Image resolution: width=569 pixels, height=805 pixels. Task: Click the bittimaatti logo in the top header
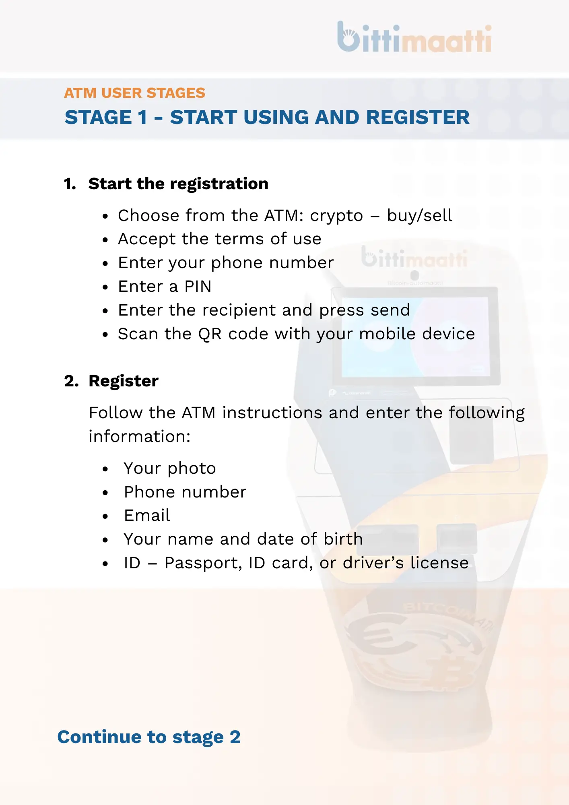tap(414, 37)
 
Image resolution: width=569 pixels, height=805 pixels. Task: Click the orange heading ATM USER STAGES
tap(134, 93)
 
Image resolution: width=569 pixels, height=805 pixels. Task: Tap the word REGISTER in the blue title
tap(418, 118)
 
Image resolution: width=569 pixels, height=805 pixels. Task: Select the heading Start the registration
tap(178, 184)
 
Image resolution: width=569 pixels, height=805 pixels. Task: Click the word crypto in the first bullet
tap(336, 216)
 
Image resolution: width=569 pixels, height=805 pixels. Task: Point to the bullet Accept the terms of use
tap(219, 239)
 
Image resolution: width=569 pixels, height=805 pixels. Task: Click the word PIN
tap(198, 287)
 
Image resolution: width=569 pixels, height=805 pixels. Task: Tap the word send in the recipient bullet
tap(390, 310)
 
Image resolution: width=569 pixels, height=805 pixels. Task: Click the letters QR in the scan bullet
tap(210, 334)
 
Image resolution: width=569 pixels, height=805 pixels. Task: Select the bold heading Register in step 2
tap(123, 381)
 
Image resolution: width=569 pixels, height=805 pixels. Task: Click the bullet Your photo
tap(169, 469)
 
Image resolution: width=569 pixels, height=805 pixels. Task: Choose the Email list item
tap(147, 516)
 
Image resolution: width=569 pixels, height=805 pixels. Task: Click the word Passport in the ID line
tap(203, 563)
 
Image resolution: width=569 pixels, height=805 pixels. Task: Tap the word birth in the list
tap(343, 539)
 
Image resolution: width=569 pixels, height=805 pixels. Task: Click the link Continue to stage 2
tap(149, 737)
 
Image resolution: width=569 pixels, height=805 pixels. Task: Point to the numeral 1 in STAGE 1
tap(142, 118)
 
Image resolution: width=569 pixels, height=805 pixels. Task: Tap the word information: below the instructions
tap(140, 437)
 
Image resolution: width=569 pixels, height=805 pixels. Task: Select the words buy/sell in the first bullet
tap(419, 216)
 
